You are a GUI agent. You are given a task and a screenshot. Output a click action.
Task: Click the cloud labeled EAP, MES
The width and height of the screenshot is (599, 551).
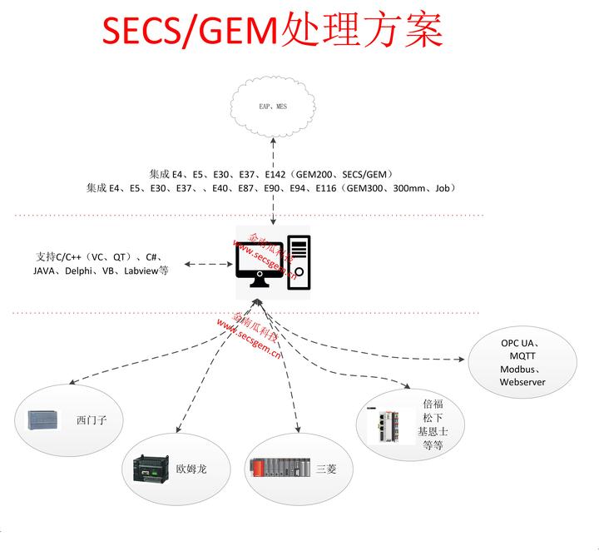point(274,107)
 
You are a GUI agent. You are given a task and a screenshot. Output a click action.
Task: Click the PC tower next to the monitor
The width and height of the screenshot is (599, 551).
point(299,262)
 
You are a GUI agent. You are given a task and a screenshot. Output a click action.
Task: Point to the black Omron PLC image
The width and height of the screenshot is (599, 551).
point(151,469)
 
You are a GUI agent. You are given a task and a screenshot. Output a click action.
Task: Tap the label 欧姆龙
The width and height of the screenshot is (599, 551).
point(191,469)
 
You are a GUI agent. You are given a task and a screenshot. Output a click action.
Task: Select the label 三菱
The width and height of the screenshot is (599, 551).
point(326,469)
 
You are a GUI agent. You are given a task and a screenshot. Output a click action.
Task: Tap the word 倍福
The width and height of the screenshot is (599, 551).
point(433,404)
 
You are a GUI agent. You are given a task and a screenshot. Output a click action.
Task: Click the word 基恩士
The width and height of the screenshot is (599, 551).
point(433,432)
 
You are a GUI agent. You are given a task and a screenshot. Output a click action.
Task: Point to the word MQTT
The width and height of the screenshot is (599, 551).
point(521,355)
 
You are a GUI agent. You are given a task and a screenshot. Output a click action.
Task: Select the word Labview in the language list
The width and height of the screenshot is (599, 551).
point(137,271)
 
